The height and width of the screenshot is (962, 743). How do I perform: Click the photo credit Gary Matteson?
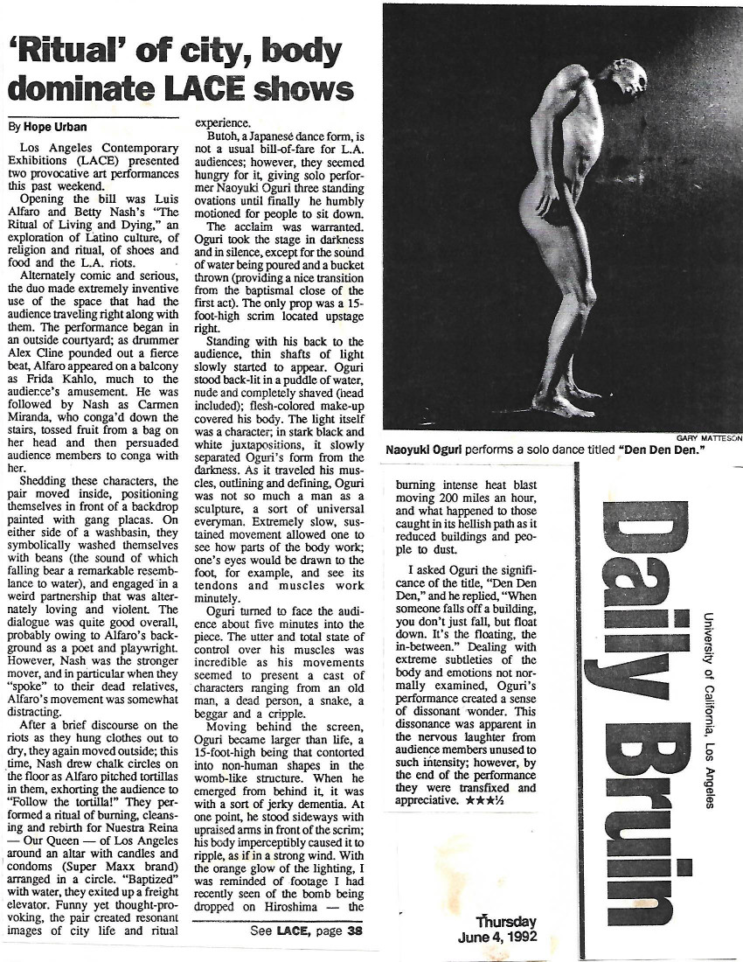point(708,440)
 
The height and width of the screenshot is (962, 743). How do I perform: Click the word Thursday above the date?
point(506,922)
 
